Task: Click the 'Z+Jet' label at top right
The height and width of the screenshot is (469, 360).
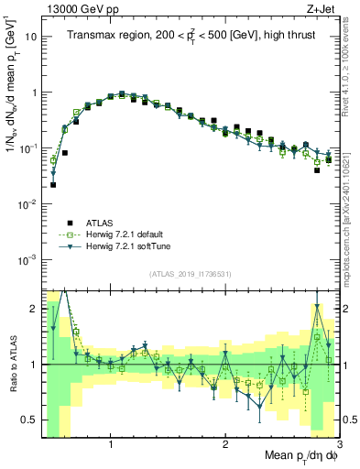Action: (323, 8)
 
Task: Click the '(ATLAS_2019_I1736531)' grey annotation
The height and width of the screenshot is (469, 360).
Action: (190, 274)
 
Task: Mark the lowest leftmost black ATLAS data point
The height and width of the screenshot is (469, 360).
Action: (53, 184)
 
